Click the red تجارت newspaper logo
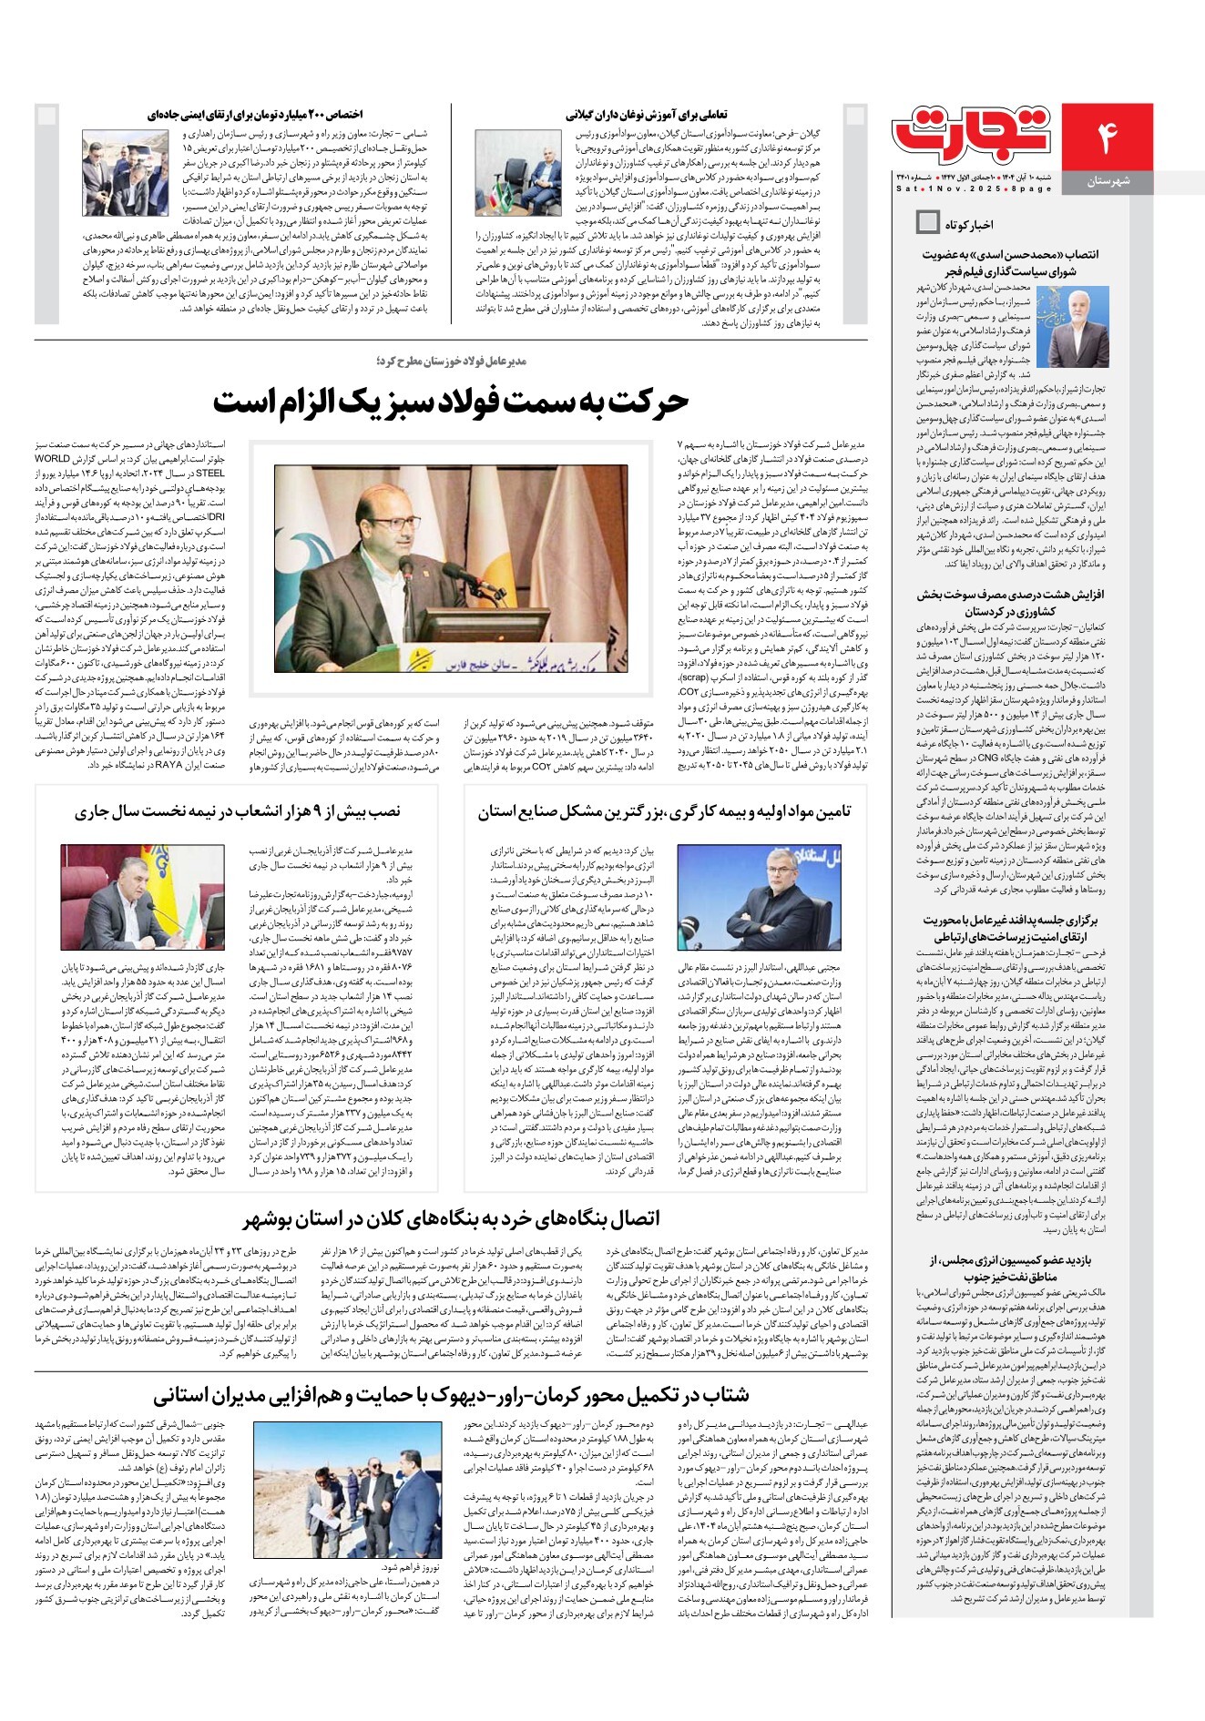click(973, 133)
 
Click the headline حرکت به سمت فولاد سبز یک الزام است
click(451, 402)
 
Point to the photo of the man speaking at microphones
click(451, 568)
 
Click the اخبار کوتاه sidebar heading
click(969, 223)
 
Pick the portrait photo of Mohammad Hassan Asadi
click(1078, 326)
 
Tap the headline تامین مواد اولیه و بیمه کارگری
click(664, 811)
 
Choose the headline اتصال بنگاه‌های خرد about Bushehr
click(451, 1218)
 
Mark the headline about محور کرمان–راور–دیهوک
click(451, 1395)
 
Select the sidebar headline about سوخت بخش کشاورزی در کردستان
click(1011, 603)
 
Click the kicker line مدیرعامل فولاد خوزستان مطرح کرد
click(451, 362)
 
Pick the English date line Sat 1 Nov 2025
click(973, 188)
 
